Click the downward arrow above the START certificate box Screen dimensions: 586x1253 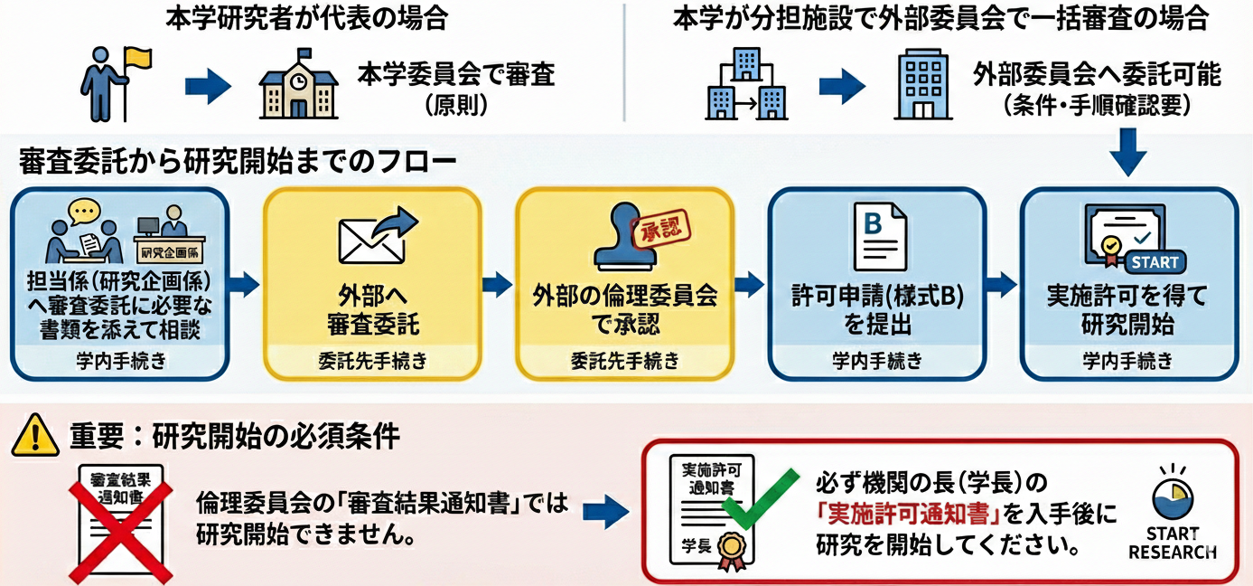click(1128, 152)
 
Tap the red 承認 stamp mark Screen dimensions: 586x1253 click(663, 225)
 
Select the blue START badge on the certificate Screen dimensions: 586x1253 click(1154, 262)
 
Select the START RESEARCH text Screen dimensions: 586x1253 click(1172, 543)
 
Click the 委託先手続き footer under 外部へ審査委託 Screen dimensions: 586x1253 click(371, 361)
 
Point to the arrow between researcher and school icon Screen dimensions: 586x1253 click(208, 87)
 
